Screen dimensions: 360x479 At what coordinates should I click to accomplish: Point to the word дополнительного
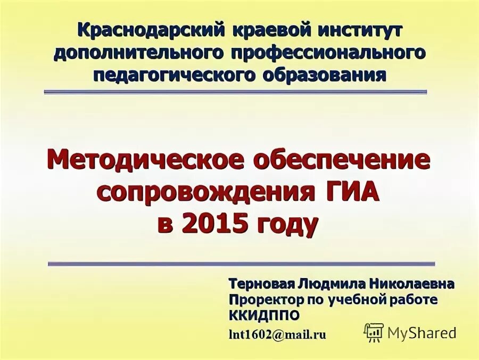pos(139,53)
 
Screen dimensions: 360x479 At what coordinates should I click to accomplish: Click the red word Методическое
pos(144,160)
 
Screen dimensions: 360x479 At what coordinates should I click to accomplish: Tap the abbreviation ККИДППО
pos(264,316)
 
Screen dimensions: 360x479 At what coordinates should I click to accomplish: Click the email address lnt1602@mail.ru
pos(277,334)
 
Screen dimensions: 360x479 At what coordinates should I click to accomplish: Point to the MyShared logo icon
pos(374,333)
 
